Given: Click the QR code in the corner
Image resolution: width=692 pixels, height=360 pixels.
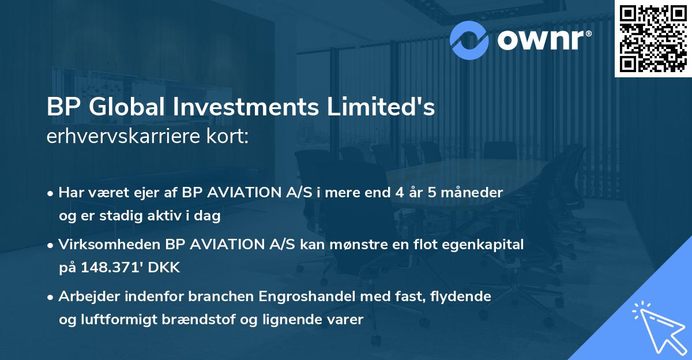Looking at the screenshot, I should [653, 39].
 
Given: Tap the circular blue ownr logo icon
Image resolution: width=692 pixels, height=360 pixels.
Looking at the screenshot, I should [469, 40].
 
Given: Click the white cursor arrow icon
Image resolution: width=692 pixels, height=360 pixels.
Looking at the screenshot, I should [659, 328].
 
